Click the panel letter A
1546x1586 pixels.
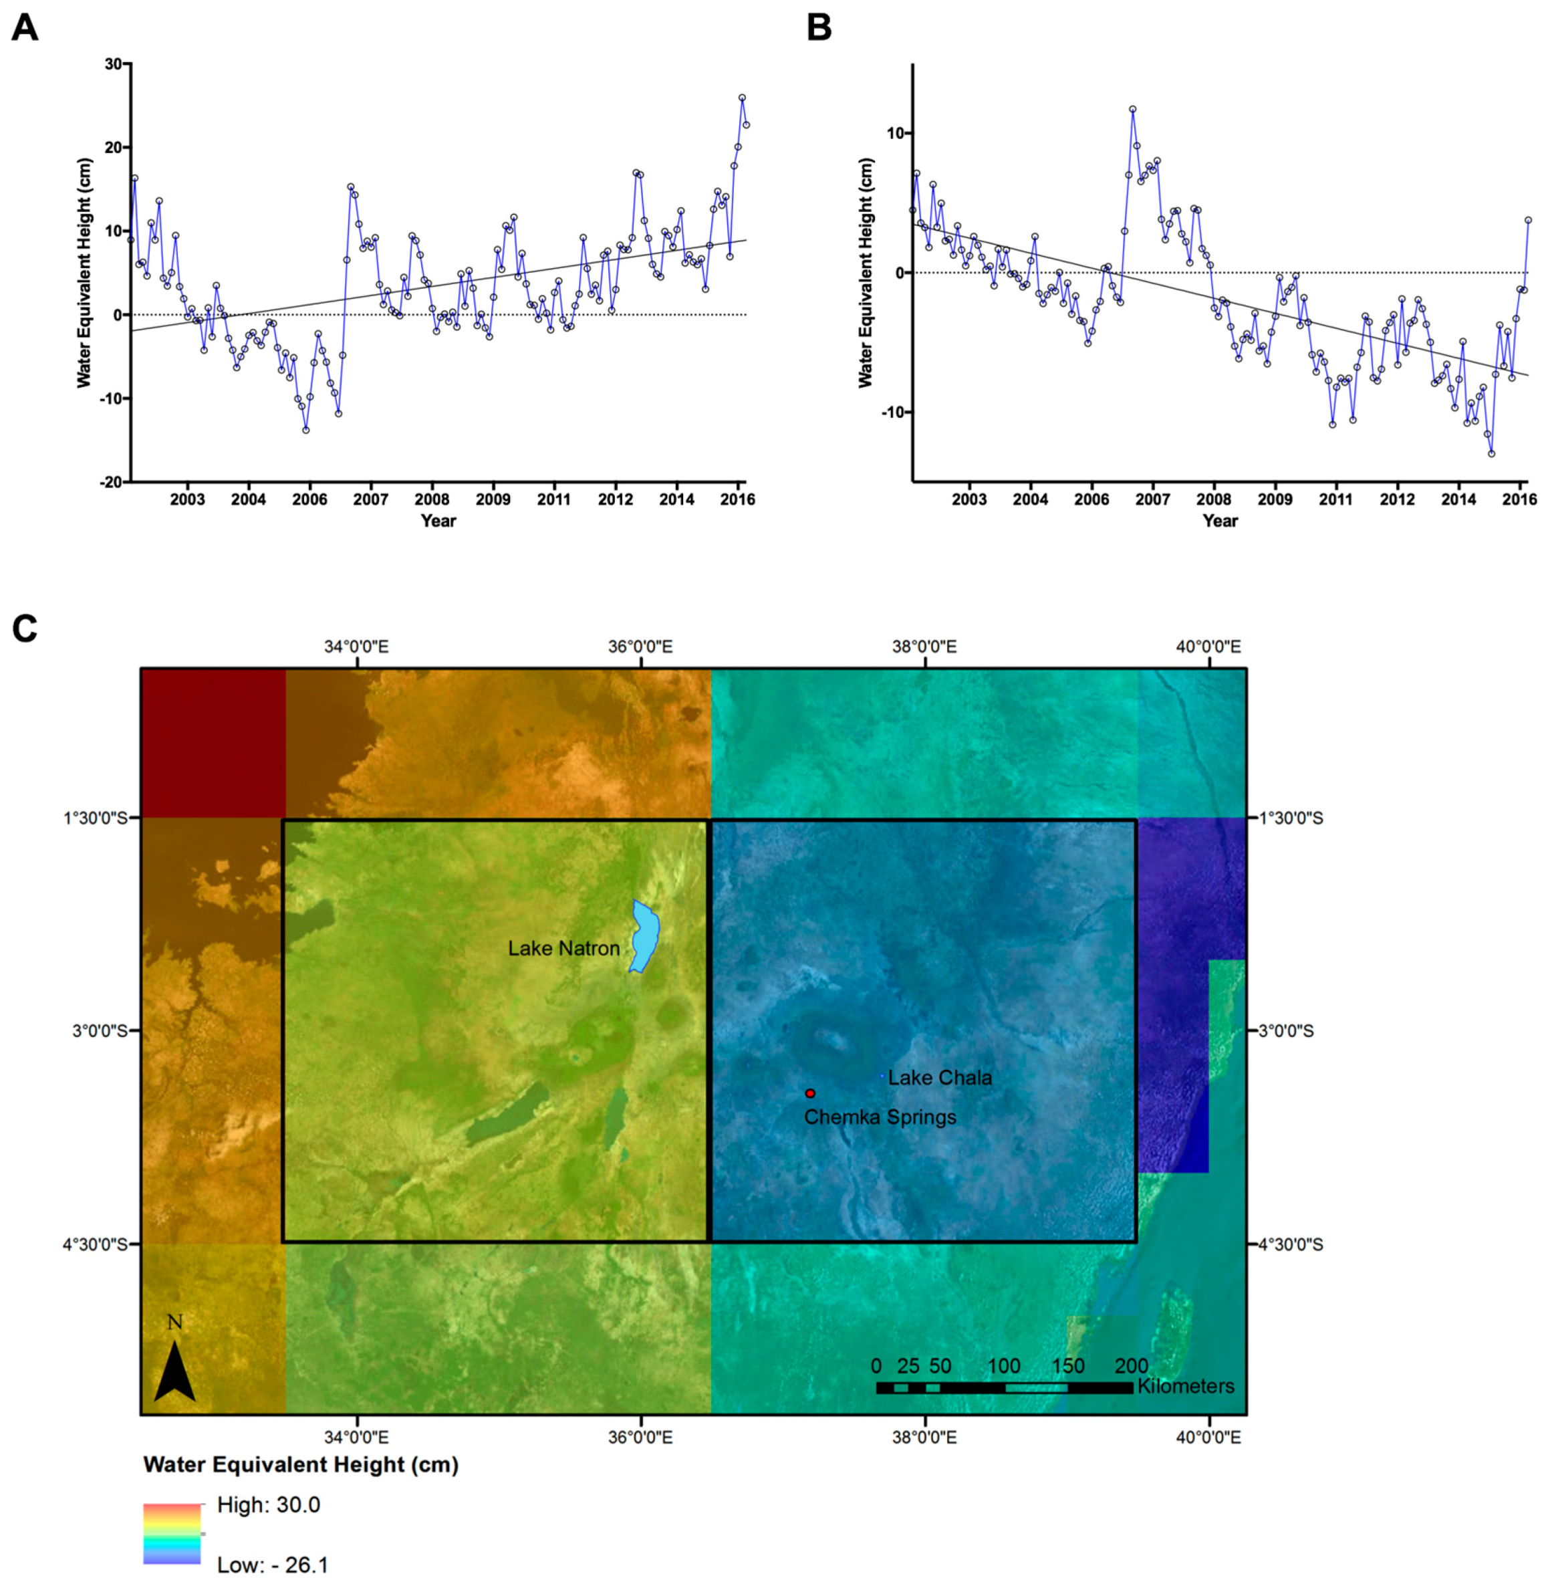pos(24,29)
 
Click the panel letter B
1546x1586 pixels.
pos(819,29)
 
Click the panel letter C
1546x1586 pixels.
pos(24,628)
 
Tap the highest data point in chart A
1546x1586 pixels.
pos(741,98)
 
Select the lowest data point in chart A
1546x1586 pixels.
pos(305,429)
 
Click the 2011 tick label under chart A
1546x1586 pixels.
pos(553,499)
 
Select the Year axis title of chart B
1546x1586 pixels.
pos(1220,521)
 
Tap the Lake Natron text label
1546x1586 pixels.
pos(563,949)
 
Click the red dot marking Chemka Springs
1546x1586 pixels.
pos(809,1093)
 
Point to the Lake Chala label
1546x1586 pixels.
pos(940,1078)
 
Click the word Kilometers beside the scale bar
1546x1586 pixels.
pos(1186,1386)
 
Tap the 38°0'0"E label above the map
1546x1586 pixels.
pos(924,647)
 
